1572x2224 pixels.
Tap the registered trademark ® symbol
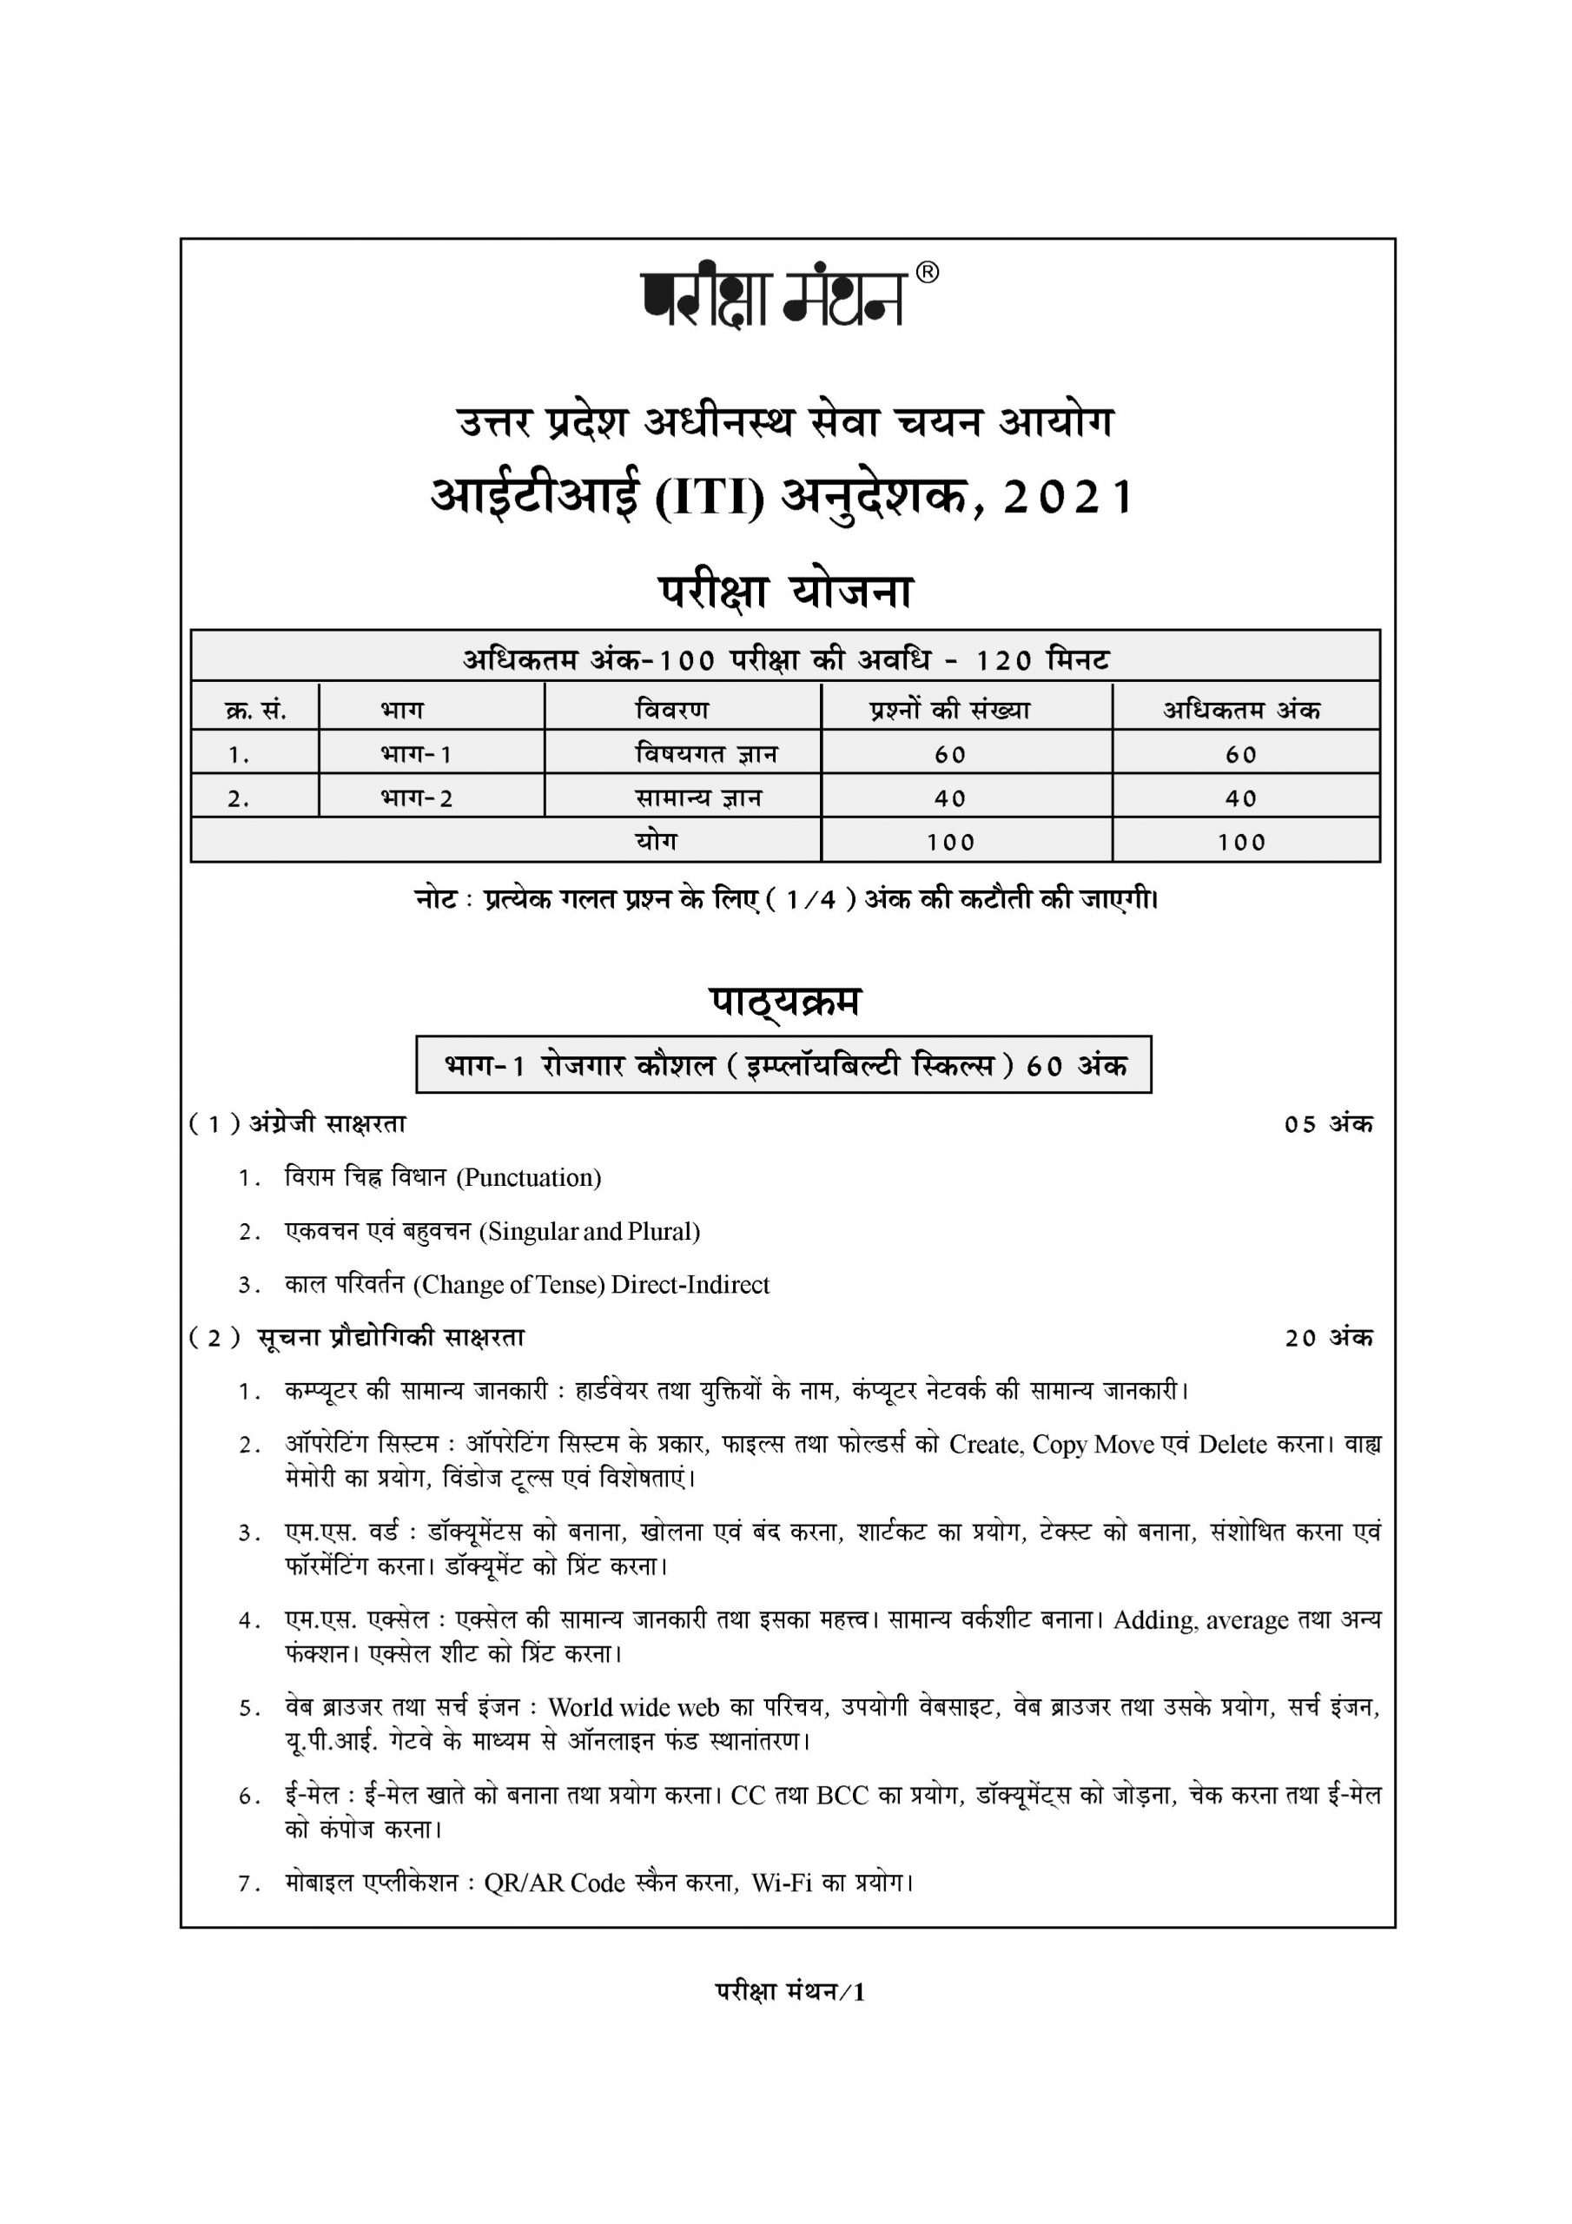coord(927,273)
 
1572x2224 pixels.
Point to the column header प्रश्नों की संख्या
coord(948,710)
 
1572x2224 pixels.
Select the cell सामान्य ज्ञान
coord(698,798)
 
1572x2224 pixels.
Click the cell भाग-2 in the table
coord(417,798)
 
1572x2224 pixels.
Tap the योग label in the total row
coord(656,841)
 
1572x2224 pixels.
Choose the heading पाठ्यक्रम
coord(784,1003)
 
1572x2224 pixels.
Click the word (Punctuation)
coord(529,1178)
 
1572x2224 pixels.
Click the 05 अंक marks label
coord(1328,1124)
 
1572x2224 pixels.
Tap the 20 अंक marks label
coord(1328,1338)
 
